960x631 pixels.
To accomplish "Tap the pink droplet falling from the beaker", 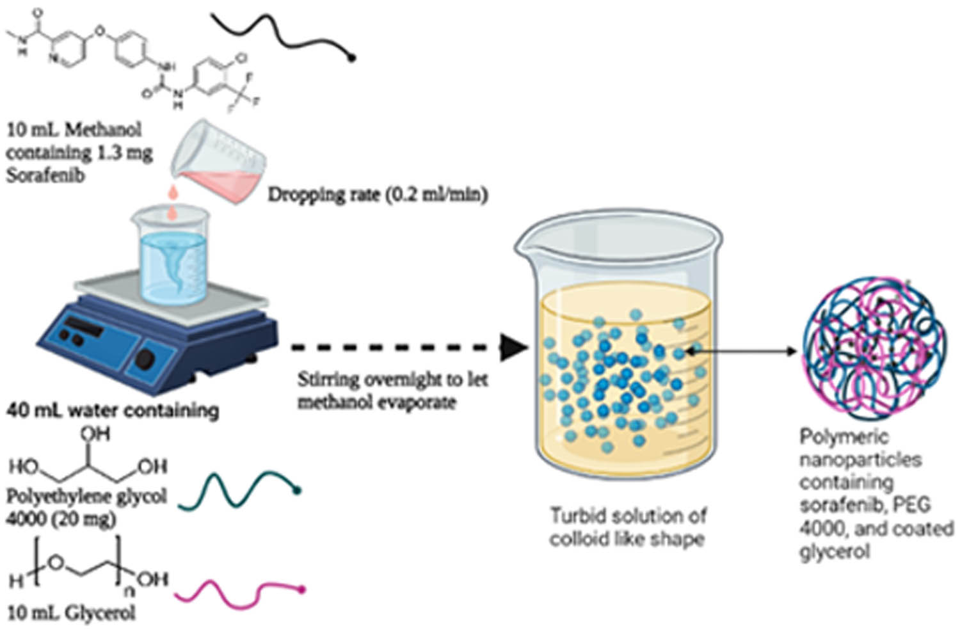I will click(172, 192).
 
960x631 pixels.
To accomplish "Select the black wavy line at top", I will click(282, 32).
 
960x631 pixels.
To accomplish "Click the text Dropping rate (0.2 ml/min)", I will click(378, 195).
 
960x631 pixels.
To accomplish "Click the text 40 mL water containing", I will click(113, 410).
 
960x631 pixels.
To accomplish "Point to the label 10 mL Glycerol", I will click(71, 612).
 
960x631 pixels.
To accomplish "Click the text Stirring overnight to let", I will click(392, 379).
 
